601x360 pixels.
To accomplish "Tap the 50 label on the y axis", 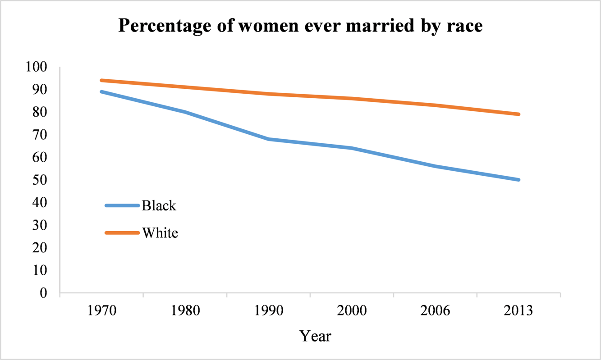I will click(40, 180).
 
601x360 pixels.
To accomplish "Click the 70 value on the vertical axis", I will click(40, 135).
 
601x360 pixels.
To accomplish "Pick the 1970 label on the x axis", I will click(101, 311).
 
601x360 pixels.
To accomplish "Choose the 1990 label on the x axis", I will click(268, 311).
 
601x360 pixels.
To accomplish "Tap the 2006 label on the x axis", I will click(435, 311).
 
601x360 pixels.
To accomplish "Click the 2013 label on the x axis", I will click(518, 311).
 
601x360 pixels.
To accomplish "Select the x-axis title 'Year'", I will click(316, 336).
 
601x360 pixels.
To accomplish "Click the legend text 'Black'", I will click(159, 205).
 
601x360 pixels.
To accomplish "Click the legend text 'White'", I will click(160, 233).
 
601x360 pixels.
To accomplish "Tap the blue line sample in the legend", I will click(122, 205).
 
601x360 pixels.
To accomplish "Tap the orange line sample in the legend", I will click(122, 233).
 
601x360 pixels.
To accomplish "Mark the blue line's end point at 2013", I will click(518, 180).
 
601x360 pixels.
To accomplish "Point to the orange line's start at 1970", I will click(102, 80).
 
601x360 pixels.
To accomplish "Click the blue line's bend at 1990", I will click(269, 139).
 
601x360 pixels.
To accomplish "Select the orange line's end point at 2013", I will click(518, 114).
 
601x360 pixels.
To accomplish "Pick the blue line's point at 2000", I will click(352, 148).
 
